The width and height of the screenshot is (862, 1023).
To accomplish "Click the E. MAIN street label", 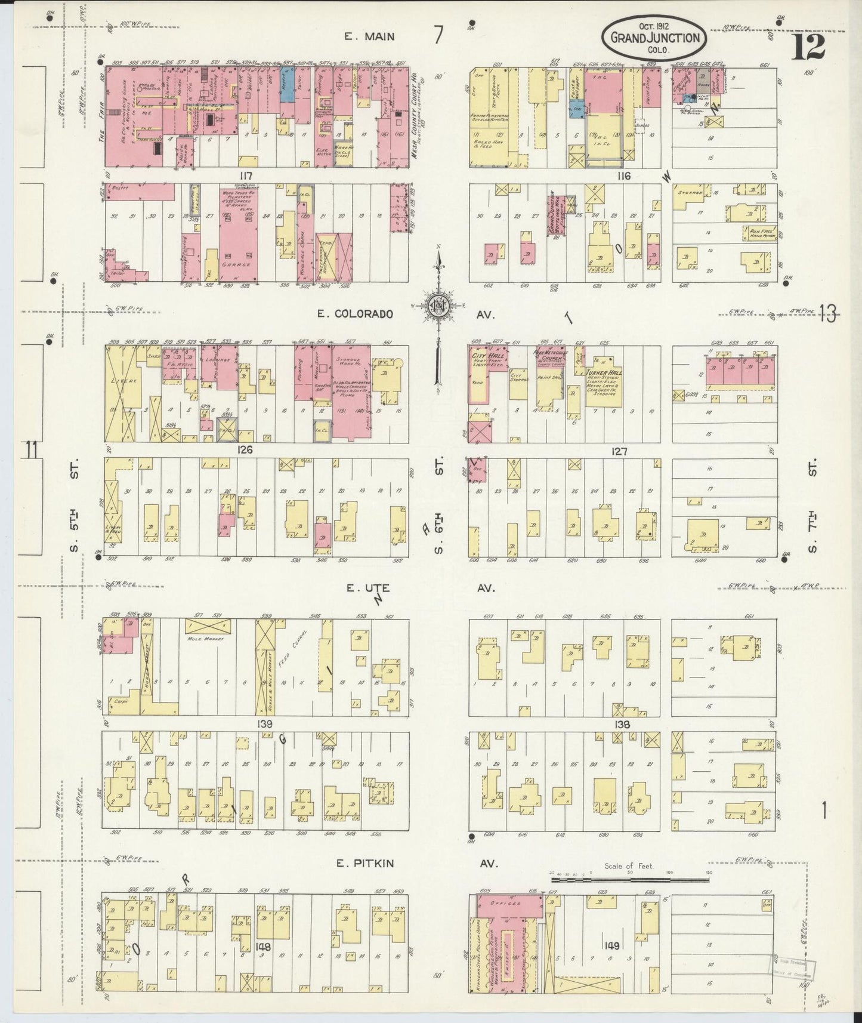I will pos(369,36).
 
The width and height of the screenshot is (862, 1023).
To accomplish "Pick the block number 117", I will pos(245,175).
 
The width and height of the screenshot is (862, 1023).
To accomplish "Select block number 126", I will pos(245,450).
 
